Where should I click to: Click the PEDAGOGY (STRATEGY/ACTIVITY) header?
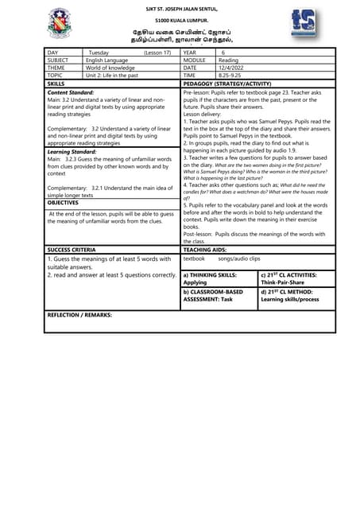point(226,83)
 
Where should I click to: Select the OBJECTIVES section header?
point(63,204)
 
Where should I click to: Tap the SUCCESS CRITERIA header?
point(72,250)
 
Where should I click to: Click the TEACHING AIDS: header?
point(206,250)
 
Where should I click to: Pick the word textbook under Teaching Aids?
point(195,258)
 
